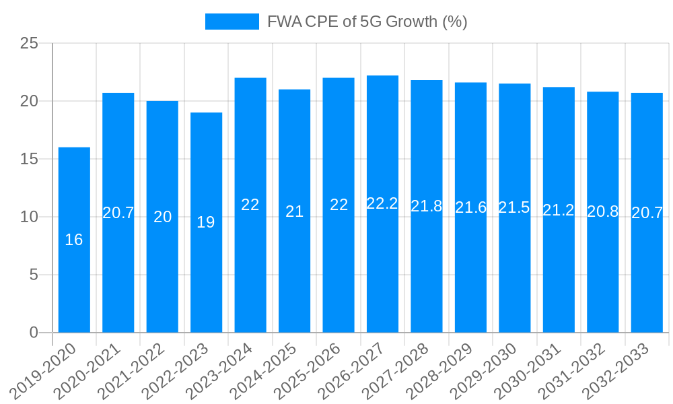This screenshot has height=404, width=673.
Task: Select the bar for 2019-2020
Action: [x=74, y=240]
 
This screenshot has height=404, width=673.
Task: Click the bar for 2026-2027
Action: [x=382, y=204]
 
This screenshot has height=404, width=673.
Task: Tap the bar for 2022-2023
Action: [x=206, y=222]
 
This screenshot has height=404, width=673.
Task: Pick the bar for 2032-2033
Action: [x=647, y=213]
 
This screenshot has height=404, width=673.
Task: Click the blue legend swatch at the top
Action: [x=232, y=22]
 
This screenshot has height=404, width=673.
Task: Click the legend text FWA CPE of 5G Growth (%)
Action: [x=367, y=22]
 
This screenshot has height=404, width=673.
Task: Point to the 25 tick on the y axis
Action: [x=30, y=44]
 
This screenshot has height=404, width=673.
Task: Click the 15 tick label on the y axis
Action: [x=30, y=160]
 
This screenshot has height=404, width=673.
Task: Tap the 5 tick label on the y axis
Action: [x=34, y=275]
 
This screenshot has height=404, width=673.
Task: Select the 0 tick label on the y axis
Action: [x=34, y=333]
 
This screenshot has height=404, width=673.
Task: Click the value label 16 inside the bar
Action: [x=74, y=240]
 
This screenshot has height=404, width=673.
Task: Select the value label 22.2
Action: [x=382, y=204]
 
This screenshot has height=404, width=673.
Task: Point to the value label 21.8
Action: [x=427, y=207]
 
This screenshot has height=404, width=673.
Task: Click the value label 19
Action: [x=206, y=222]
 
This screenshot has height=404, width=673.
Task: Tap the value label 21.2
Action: [x=559, y=210]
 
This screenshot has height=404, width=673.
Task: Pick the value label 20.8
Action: [x=603, y=211]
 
